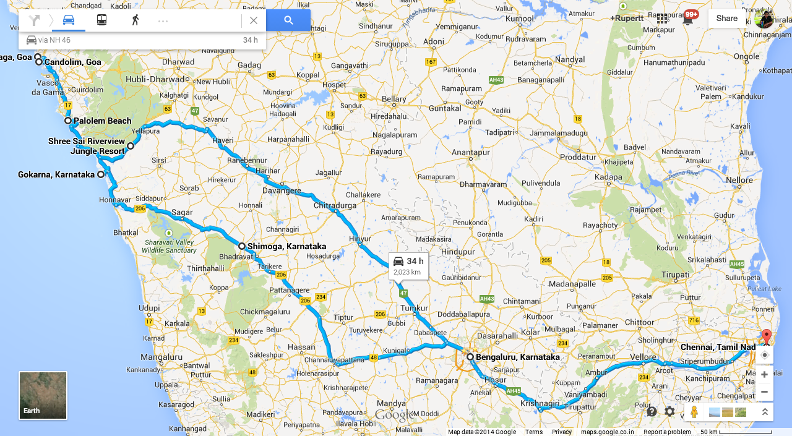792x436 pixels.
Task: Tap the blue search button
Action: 288,20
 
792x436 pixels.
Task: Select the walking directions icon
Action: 135,20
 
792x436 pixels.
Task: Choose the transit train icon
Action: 101,20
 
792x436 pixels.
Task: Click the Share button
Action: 726,19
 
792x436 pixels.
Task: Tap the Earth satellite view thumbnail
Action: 43,395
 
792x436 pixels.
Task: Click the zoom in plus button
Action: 765,374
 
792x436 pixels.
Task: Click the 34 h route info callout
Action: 408,266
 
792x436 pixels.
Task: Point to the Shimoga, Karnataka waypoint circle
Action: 242,246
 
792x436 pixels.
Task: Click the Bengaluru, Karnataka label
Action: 517,357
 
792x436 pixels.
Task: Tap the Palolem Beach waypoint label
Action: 103,121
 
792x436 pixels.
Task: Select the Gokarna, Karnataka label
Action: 56,174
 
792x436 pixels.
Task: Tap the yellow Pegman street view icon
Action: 694,411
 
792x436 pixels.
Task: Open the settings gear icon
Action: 669,411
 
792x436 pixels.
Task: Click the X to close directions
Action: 253,20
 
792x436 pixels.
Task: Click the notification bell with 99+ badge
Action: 687,19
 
